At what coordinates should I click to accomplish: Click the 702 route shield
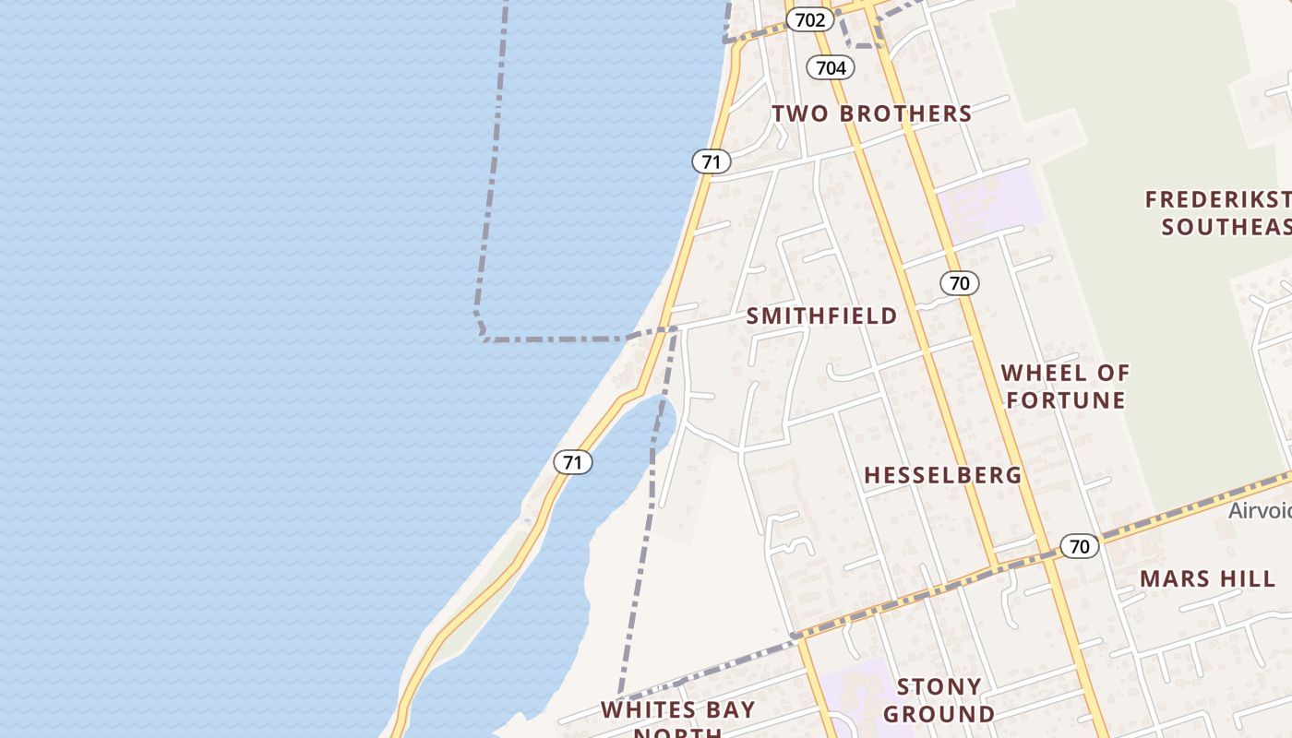[x=809, y=19]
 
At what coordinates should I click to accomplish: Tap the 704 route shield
[x=831, y=67]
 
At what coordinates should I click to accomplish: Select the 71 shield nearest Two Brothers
[x=711, y=162]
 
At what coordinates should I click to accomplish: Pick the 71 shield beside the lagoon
[x=573, y=462]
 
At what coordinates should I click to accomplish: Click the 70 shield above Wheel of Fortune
[x=960, y=283]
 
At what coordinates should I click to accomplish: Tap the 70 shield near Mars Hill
[x=1079, y=546]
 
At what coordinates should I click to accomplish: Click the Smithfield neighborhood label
[x=821, y=316]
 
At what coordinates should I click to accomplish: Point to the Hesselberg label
[x=942, y=476]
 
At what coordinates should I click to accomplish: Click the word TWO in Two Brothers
[x=800, y=113]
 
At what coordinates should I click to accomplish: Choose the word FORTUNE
[x=1065, y=400]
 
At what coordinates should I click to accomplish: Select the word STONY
[x=939, y=687]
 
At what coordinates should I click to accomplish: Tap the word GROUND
[x=939, y=714]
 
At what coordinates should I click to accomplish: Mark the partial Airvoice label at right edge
[x=1259, y=510]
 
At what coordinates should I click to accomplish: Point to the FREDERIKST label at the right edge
[x=1217, y=199]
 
